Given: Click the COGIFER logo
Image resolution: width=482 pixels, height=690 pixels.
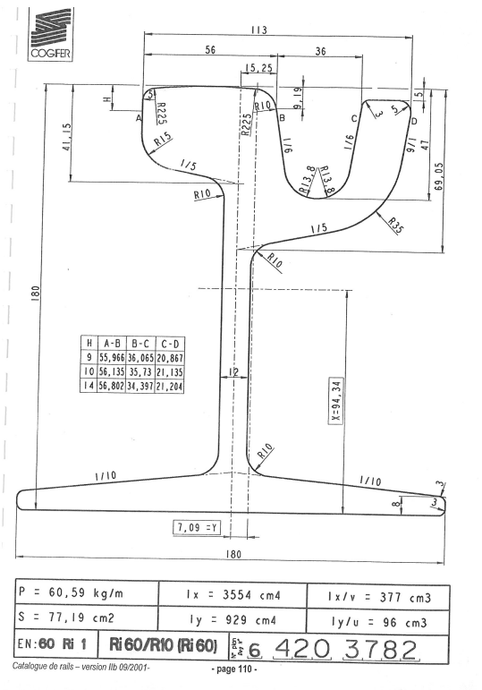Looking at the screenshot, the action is click(x=51, y=35).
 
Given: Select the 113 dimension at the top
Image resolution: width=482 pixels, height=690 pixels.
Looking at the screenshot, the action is click(x=259, y=30).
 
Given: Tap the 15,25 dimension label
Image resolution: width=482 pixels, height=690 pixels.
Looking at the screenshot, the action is click(x=259, y=68).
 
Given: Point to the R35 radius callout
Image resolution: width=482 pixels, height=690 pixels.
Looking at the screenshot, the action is click(x=394, y=226).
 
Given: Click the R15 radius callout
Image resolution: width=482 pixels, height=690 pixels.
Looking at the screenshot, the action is click(x=163, y=140).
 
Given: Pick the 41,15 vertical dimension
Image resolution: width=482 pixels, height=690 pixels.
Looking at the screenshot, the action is click(x=67, y=137).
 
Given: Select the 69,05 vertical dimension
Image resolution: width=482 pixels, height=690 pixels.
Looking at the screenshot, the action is click(x=438, y=176).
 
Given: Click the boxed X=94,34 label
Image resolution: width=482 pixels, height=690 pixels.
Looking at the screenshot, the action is click(x=336, y=400).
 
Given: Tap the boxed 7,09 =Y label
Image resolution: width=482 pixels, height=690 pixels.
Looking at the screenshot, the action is click(x=197, y=527).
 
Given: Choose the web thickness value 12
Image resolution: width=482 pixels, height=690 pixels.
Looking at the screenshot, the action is click(x=233, y=372).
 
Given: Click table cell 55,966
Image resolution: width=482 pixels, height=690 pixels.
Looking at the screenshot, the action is click(x=111, y=358).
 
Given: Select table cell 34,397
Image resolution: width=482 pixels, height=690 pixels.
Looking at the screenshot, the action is click(x=140, y=387).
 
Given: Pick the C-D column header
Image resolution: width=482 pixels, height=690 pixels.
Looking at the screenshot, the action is click(x=170, y=344).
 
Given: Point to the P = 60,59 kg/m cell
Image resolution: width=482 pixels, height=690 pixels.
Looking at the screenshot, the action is click(x=72, y=592).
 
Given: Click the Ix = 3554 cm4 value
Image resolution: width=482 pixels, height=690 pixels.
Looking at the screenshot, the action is click(x=233, y=595).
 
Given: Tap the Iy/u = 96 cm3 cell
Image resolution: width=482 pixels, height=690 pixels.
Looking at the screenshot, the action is click(x=379, y=623).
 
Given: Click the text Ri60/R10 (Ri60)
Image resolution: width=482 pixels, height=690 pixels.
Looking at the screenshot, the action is click(x=163, y=645).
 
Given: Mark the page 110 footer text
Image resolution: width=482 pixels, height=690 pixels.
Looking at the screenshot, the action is click(x=234, y=669).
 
